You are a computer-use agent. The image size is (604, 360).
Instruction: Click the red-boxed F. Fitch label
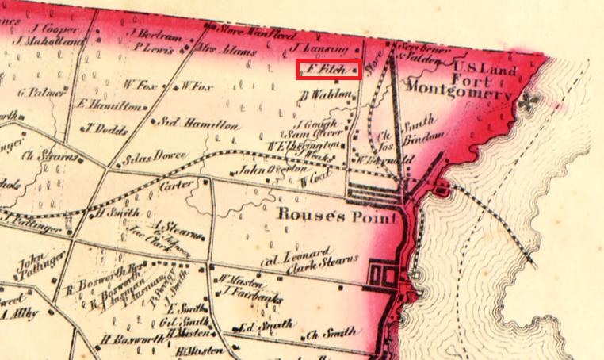point(329,70)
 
